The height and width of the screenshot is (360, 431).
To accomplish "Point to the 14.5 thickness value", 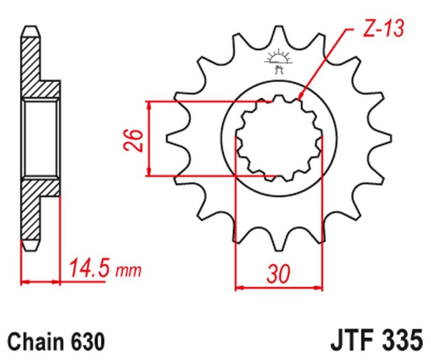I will [88, 268].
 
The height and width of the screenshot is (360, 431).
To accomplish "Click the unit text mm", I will [128, 269].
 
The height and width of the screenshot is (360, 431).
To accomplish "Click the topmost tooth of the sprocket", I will [279, 33].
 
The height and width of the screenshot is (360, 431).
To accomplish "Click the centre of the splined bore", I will [279, 138].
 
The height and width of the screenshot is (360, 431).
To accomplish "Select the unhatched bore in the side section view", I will [40, 138].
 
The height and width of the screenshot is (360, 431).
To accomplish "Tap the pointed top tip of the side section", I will [31, 27].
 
